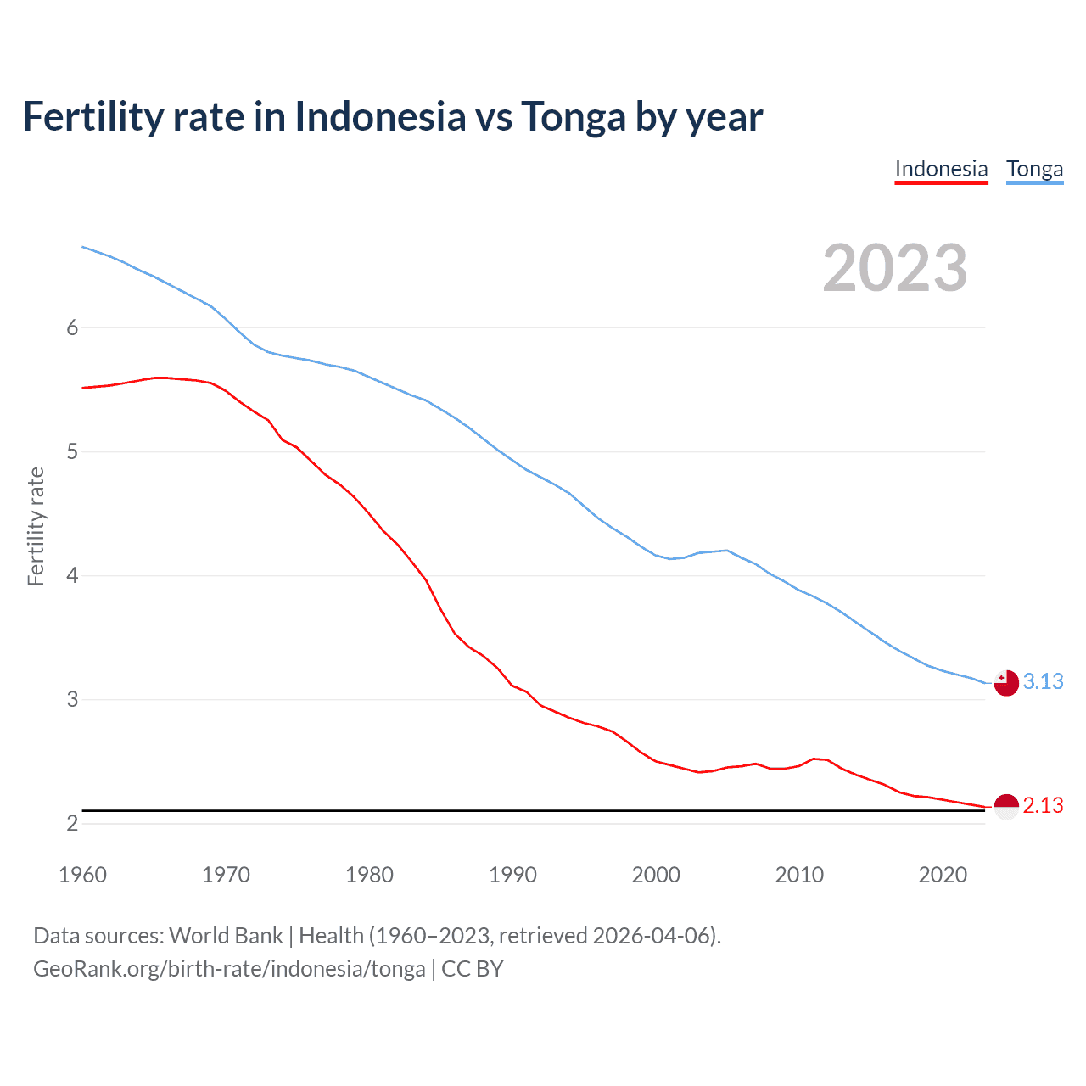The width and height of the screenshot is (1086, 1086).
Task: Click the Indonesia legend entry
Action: [x=941, y=169]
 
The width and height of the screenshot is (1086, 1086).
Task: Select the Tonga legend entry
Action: [x=1034, y=169]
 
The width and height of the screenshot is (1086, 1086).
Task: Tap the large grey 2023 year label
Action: [x=894, y=268]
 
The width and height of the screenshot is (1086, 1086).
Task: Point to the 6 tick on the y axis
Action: [x=72, y=328]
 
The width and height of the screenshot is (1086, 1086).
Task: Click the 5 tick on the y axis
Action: [x=72, y=452]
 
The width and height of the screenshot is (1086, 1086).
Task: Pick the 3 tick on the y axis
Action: [x=72, y=700]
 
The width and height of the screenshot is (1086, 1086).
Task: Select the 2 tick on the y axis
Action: [x=72, y=824]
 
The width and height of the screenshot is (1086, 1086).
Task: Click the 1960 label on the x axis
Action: [x=82, y=875]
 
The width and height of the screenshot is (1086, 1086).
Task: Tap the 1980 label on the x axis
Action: [x=369, y=875]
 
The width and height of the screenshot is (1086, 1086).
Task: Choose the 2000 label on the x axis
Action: [x=656, y=875]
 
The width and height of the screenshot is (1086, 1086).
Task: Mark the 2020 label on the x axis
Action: [x=943, y=875]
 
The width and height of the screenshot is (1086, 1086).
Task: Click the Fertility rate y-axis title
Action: [x=36, y=526]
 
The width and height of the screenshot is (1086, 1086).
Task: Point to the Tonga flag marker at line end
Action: [x=1006, y=682]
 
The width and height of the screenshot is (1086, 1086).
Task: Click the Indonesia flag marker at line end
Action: [x=1006, y=806]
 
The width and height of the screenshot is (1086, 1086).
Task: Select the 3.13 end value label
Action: [x=1043, y=682]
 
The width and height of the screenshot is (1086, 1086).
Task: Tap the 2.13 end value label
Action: [x=1043, y=806]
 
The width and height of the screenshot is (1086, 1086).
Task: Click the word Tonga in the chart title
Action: [x=573, y=117]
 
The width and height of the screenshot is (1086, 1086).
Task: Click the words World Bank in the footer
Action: [x=226, y=936]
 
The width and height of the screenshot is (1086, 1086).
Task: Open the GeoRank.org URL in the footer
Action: [x=229, y=969]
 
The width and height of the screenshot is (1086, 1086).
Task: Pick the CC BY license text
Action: [x=473, y=969]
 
